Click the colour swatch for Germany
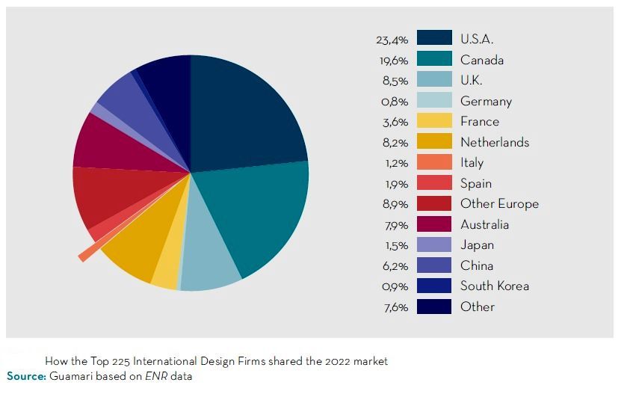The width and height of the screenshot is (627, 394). pos(434,101)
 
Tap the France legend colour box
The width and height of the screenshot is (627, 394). pos(434,121)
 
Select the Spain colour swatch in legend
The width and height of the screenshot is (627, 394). pos(434,183)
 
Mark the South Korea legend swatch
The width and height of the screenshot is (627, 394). pos(434,286)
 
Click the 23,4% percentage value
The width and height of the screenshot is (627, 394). pos(392,40)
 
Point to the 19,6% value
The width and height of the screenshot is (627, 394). pos(392,61)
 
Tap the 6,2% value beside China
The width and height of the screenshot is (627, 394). pos(394,265)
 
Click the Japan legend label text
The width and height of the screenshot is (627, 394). pos(477,244)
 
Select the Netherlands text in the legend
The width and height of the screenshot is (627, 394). pos(494,142)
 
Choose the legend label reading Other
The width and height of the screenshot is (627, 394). pos(478,307)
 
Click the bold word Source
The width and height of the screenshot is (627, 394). pos(26,376)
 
